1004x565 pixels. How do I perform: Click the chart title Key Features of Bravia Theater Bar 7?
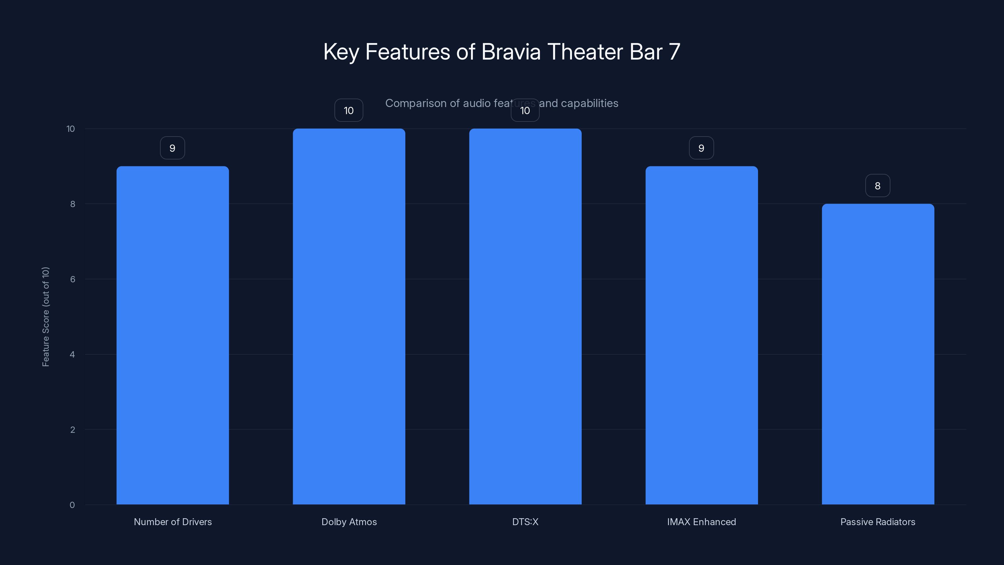click(x=502, y=52)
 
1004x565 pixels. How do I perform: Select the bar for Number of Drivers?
click(x=173, y=335)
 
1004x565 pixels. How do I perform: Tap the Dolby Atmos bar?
click(x=349, y=316)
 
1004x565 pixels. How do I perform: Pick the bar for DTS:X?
click(x=525, y=316)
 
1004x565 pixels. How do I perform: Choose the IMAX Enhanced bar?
click(x=702, y=335)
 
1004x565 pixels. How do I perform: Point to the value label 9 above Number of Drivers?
click(x=172, y=148)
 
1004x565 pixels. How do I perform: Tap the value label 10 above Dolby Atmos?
click(x=349, y=110)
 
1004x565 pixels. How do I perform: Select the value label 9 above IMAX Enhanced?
click(x=701, y=148)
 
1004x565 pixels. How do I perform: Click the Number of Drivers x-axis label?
click(x=173, y=522)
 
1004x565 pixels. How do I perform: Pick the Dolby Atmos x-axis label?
click(x=349, y=522)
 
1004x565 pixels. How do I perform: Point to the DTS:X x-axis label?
click(x=525, y=522)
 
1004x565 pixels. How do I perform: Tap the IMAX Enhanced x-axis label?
click(x=702, y=522)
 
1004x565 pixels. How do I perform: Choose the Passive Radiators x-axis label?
click(x=878, y=522)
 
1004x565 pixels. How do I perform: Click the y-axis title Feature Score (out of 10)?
click(x=45, y=317)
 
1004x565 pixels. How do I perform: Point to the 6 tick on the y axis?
click(x=72, y=279)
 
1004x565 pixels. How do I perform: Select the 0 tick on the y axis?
click(x=72, y=505)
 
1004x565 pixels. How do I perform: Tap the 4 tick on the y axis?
click(x=72, y=354)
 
